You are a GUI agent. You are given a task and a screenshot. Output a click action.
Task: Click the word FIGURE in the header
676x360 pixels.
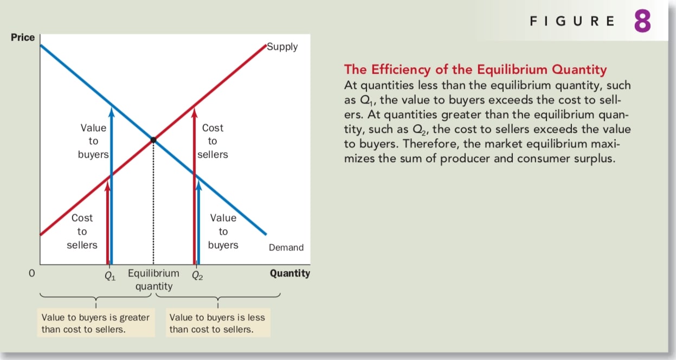coord(572,21)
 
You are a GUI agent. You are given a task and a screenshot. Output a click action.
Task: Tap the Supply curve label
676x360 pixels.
coord(282,47)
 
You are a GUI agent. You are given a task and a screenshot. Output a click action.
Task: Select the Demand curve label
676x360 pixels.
coord(286,248)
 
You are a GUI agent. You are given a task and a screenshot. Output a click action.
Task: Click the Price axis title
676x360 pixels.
coord(23,37)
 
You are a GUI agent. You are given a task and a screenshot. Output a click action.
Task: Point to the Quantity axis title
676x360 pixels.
coord(290,273)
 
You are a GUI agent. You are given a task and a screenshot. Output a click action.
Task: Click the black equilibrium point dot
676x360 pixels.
coord(153,140)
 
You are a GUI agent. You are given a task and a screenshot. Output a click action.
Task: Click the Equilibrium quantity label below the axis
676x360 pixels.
coord(153,280)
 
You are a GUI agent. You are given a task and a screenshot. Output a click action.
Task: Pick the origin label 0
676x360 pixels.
coord(31,274)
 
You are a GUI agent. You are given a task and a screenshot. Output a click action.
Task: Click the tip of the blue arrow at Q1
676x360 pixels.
coord(112,109)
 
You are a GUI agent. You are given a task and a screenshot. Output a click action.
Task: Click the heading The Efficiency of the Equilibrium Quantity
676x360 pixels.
coord(475,69)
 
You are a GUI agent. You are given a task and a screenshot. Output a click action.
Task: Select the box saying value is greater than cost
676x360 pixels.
coord(95,323)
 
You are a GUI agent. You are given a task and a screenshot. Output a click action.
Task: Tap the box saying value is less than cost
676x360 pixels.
coord(217,323)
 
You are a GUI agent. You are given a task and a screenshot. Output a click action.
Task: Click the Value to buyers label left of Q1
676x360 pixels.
coord(93,141)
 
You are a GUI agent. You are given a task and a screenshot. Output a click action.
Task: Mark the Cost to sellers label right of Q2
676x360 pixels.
coord(213,141)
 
